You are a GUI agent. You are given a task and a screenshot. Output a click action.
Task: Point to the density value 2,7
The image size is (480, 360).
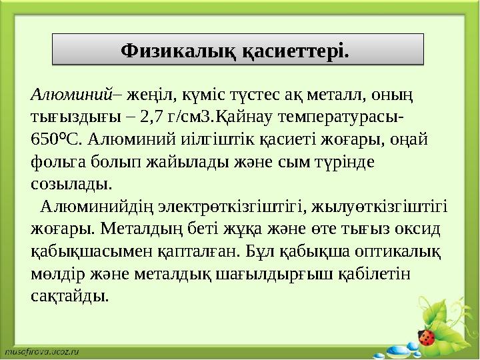click(x=158, y=118)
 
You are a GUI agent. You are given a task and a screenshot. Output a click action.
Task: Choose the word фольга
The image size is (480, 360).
click(x=56, y=162)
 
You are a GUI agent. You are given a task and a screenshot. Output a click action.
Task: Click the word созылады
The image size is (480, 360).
click(x=71, y=184)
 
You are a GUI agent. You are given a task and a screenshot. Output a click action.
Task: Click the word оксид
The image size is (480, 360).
click(x=419, y=229)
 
